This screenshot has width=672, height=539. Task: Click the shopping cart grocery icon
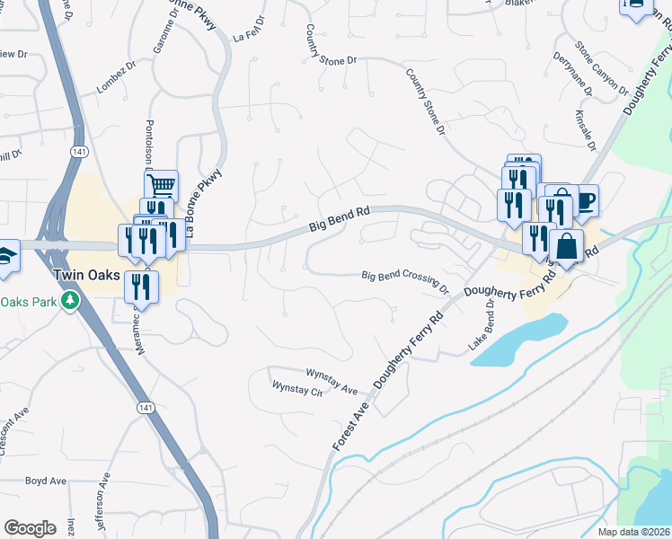[x=161, y=186]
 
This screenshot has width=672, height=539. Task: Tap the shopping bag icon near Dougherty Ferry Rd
[x=567, y=245]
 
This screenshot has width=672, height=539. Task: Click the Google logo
[x=30, y=528]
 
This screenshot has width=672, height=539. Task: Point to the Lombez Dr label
[x=116, y=84]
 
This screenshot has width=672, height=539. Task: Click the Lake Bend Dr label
[x=478, y=324]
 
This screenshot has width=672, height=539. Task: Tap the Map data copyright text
[x=634, y=532]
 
